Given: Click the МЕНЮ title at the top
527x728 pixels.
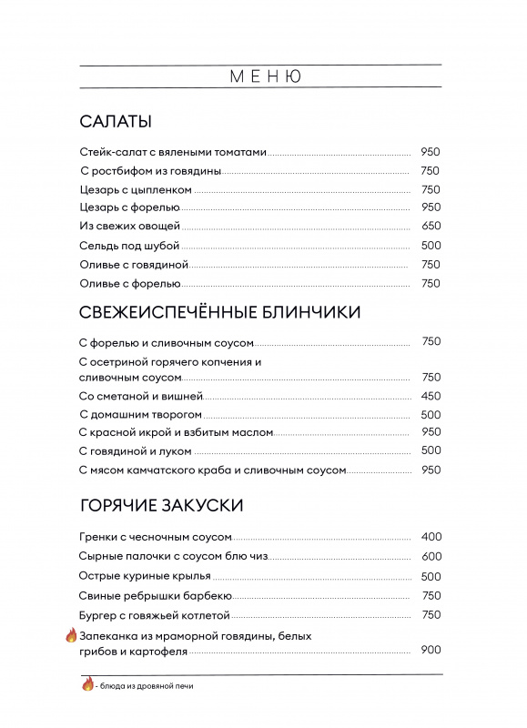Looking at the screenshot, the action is (x=265, y=76).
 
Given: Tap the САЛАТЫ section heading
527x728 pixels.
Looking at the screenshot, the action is (x=116, y=122).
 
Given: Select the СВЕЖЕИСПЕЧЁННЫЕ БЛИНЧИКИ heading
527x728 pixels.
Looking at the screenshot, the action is (x=220, y=312).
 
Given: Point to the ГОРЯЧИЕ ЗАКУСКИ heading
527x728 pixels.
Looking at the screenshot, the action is (x=161, y=505).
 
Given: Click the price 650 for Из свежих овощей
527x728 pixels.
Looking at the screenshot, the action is (x=431, y=227).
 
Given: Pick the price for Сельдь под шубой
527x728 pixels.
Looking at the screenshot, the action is (x=431, y=246).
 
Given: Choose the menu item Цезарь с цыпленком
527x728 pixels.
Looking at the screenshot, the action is (x=136, y=189).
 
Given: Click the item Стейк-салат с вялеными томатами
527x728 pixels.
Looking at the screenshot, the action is (x=174, y=152).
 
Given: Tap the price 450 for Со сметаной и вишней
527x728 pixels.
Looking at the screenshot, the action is (x=431, y=396).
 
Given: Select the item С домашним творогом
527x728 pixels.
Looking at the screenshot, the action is (x=140, y=414).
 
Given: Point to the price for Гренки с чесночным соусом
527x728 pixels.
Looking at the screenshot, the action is (x=431, y=538).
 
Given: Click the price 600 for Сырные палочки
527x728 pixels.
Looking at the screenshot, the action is (x=431, y=557).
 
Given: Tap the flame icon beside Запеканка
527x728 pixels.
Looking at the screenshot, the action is (x=71, y=636).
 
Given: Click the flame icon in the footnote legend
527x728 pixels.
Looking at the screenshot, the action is (x=88, y=684).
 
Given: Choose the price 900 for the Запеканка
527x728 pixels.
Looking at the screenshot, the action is (x=431, y=650).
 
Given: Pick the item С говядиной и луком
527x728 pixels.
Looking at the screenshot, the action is (x=136, y=450).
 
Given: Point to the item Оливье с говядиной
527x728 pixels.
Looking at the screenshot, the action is (x=134, y=264).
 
